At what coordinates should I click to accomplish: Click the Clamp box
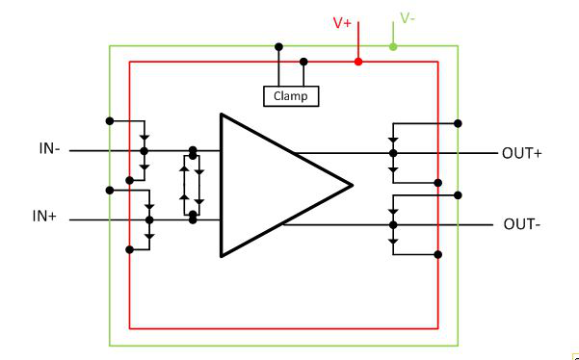[291, 96]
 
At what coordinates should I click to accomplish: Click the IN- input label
[49, 148]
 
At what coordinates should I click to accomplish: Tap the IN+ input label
[44, 217]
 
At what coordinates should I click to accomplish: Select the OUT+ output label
[522, 153]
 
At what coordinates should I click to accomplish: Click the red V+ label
[342, 23]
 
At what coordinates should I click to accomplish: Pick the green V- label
[408, 17]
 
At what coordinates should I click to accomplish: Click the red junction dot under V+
[357, 62]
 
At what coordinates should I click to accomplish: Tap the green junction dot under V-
[393, 46]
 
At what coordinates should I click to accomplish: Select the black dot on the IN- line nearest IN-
[145, 151]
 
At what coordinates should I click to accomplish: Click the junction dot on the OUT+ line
[393, 153]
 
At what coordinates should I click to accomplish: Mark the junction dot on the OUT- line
[393, 224]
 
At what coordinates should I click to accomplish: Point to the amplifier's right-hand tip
[353, 185]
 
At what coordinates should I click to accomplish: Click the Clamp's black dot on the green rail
[278, 47]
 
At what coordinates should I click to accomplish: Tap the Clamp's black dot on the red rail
[303, 62]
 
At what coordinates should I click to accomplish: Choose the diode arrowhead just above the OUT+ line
[393, 141]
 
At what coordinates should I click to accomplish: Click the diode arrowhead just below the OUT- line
[393, 242]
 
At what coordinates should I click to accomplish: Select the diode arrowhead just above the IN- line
[145, 138]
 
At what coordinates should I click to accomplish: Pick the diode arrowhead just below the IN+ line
[149, 236]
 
